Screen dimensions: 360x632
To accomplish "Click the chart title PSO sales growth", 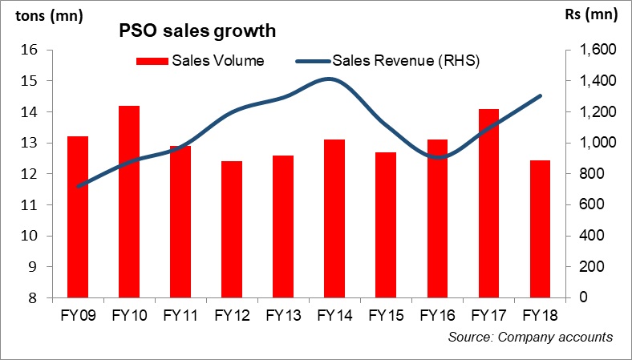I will click(x=197, y=31).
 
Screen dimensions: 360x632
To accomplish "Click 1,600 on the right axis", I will click(x=589, y=51).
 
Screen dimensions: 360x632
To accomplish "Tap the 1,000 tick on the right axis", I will click(x=589, y=144).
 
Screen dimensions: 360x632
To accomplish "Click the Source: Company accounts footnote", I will click(x=530, y=338).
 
